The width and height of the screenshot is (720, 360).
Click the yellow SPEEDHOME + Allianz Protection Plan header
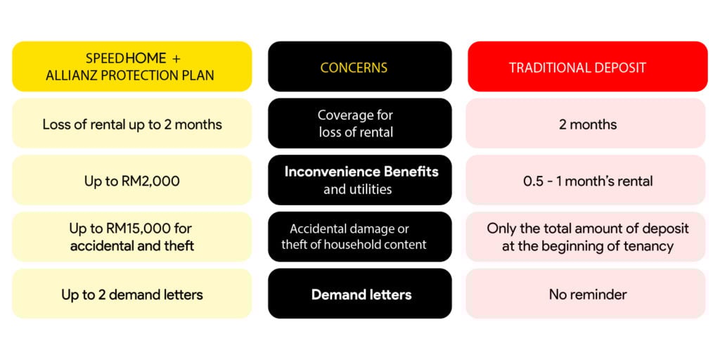(x=131, y=66)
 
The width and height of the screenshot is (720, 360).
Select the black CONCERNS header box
(x=360, y=66)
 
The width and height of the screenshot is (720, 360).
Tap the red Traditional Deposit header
(x=588, y=66)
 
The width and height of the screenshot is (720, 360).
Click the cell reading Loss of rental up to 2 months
(x=131, y=123)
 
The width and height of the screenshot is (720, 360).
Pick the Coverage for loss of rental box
(x=360, y=123)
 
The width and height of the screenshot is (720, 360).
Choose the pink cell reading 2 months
(x=586, y=123)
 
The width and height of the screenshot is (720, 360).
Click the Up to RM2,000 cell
(x=131, y=180)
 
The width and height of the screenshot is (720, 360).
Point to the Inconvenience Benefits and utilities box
(x=360, y=180)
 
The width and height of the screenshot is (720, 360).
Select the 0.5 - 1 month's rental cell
(x=586, y=180)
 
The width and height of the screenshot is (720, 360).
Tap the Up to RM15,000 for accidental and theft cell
(x=131, y=237)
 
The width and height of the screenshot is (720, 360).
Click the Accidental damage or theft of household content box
(x=360, y=237)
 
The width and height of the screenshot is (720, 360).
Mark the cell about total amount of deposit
(x=586, y=237)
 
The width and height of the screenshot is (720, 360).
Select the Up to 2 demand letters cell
(x=131, y=294)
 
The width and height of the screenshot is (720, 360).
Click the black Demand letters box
(x=360, y=294)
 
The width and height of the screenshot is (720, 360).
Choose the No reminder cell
(x=586, y=294)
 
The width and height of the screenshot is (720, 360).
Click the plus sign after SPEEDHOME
(x=176, y=59)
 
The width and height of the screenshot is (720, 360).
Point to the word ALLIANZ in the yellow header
(x=68, y=75)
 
